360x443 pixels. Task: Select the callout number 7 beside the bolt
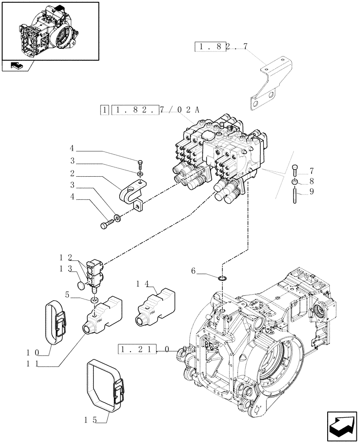click(x=311, y=171)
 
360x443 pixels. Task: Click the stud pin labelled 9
click(x=294, y=196)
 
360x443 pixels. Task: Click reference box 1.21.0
click(x=144, y=350)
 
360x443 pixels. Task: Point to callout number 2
click(x=72, y=174)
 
